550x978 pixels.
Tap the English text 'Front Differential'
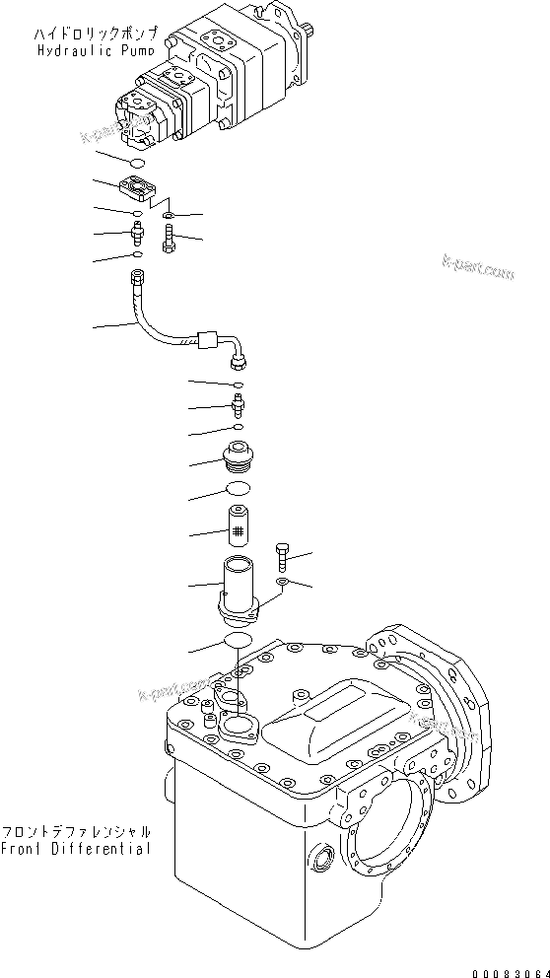[x=76, y=849]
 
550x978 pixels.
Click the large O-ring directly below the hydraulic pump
[x=139, y=162]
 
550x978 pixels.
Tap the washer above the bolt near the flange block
[x=171, y=214]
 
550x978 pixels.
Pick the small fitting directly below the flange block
[x=138, y=235]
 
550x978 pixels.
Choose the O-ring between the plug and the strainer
[x=238, y=490]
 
